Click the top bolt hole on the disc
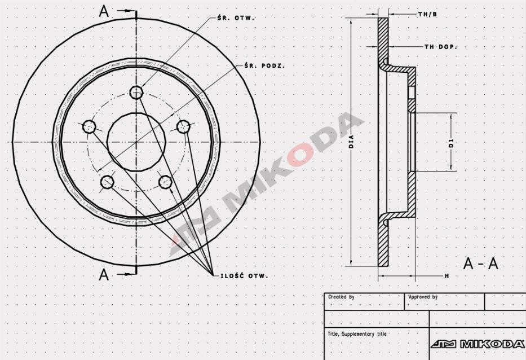click(x=136, y=92)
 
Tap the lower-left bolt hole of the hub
click(x=107, y=182)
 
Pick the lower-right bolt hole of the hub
click(x=165, y=182)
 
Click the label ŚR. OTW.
click(x=236, y=17)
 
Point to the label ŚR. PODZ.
click(x=264, y=65)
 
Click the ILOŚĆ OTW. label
click(x=241, y=276)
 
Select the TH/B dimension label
click(x=427, y=14)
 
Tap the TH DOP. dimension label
click(x=440, y=47)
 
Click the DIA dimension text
click(x=351, y=141)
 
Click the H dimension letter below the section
click(x=447, y=276)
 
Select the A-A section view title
click(x=480, y=264)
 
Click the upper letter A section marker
click(x=104, y=11)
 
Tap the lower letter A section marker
click(x=104, y=275)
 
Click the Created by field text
click(x=341, y=297)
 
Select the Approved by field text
click(x=423, y=297)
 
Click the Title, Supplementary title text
click(x=357, y=334)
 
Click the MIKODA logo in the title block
click(x=478, y=344)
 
